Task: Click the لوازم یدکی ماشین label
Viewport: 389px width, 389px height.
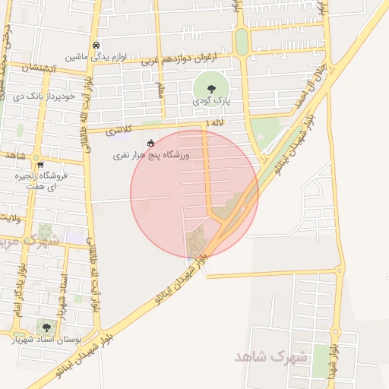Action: click(93, 57)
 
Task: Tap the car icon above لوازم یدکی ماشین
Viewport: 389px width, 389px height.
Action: click(95, 45)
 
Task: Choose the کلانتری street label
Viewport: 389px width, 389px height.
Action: click(121, 131)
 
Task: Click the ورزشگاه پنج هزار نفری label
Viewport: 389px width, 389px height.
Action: click(150, 155)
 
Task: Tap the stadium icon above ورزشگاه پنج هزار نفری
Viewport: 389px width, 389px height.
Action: click(150, 143)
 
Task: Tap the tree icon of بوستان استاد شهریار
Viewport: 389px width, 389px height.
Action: click(47, 327)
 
